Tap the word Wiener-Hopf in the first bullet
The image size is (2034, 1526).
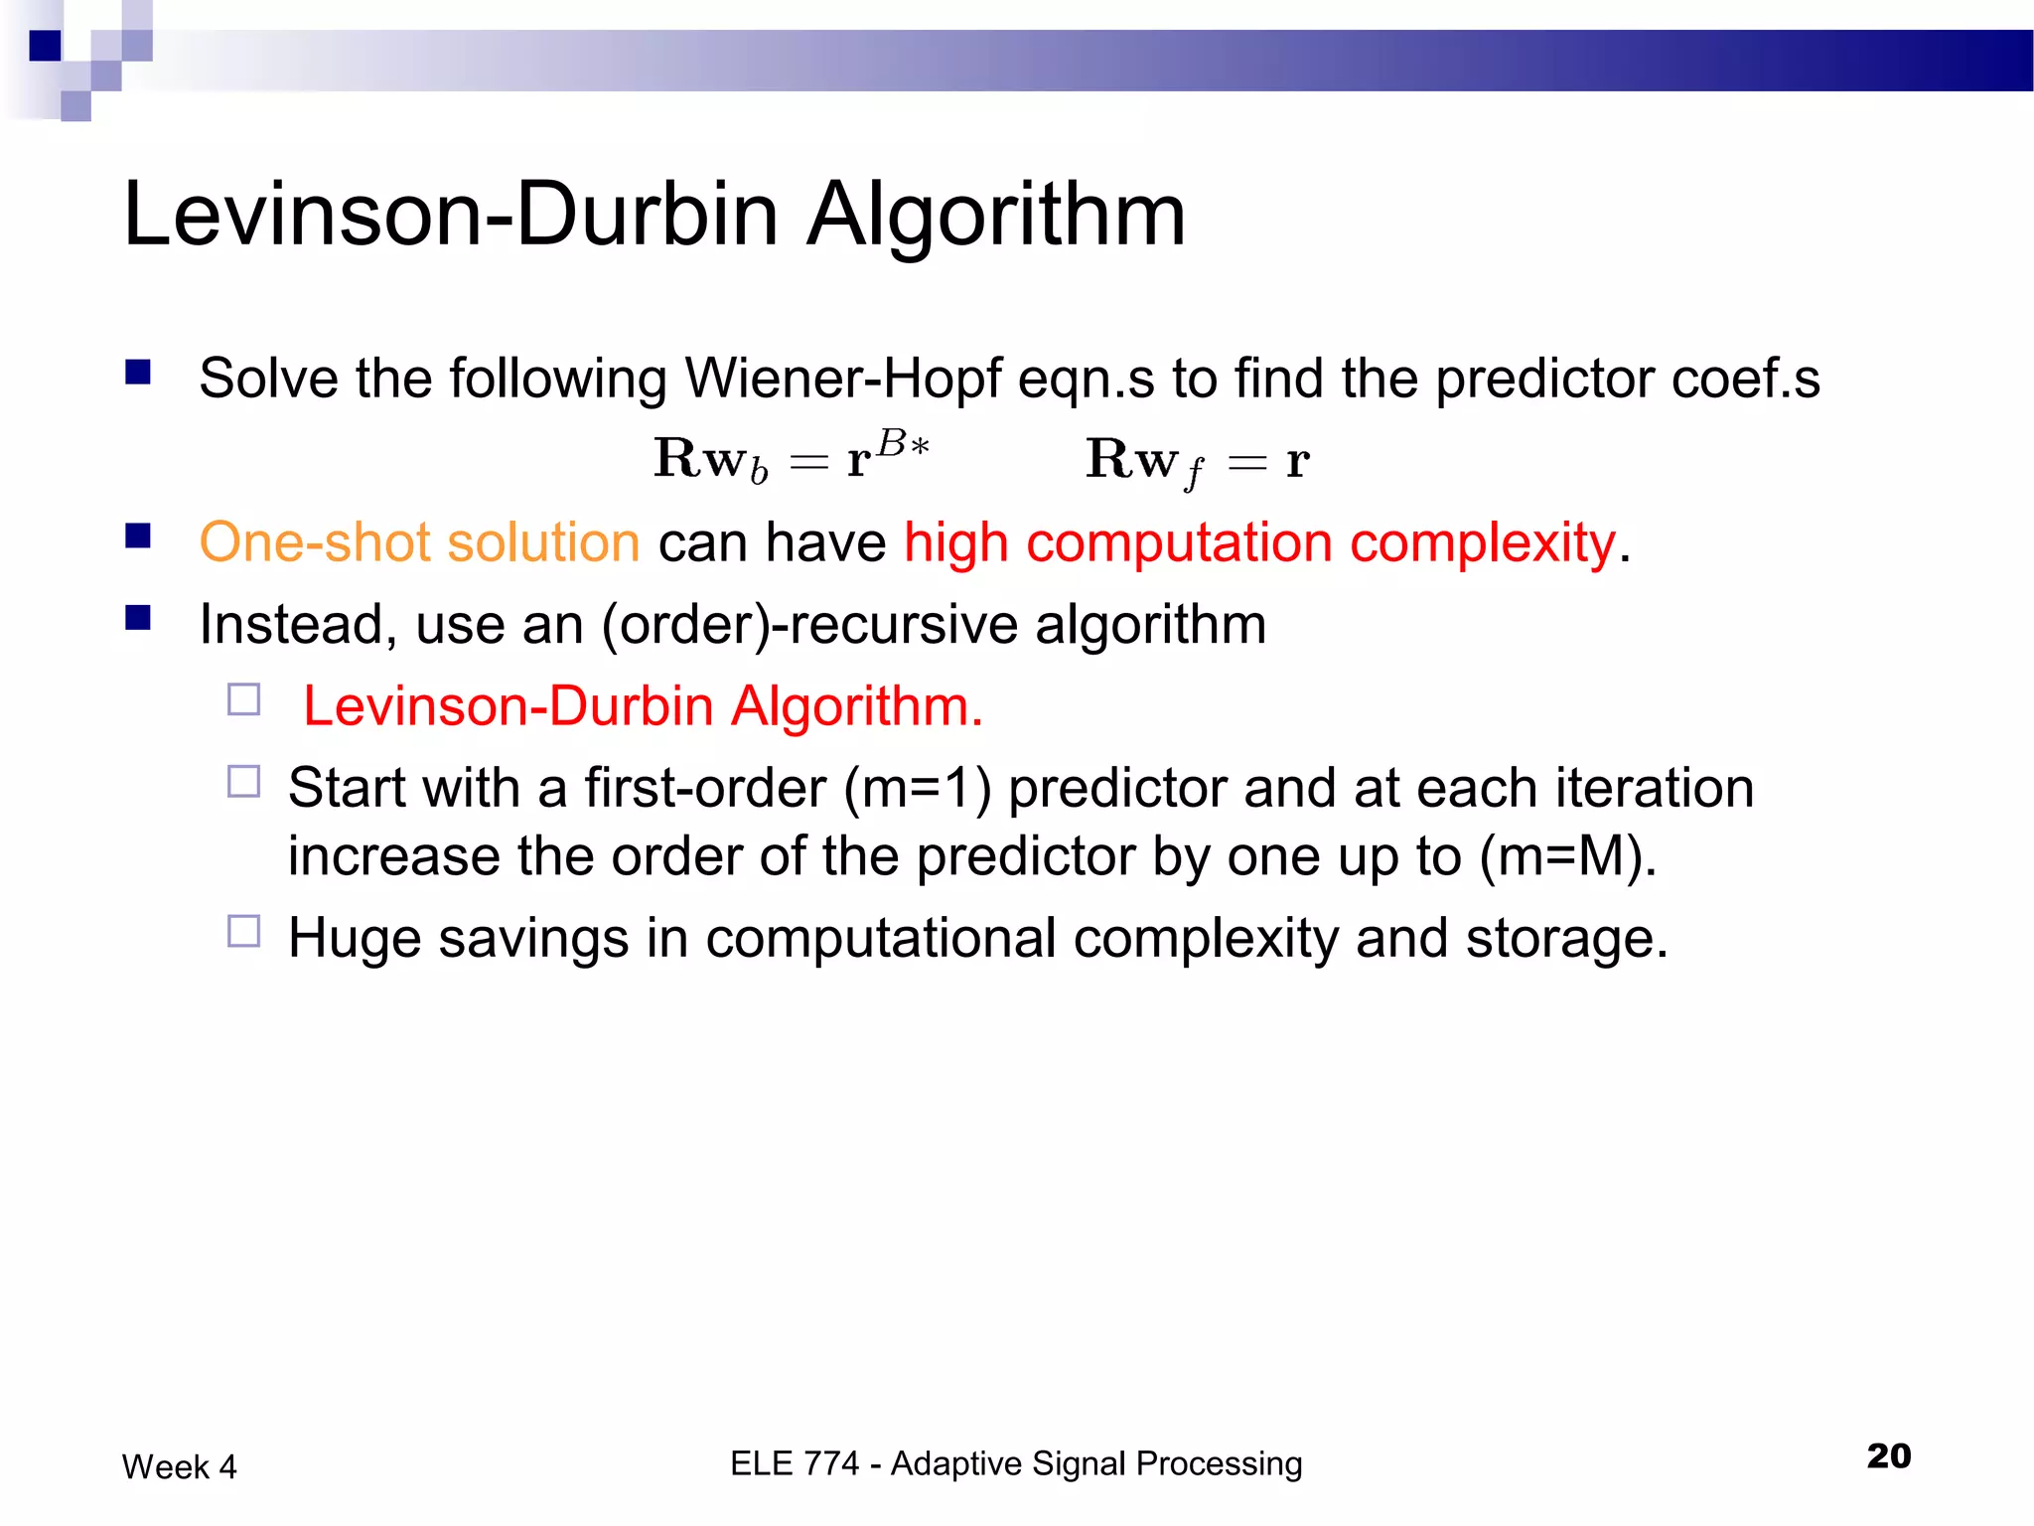842,379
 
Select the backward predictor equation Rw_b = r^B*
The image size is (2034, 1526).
792,459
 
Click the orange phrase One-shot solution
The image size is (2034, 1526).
419,542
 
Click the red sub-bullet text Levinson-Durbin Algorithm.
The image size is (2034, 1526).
643,706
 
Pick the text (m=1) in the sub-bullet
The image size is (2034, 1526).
917,788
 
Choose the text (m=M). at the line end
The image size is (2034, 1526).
1568,856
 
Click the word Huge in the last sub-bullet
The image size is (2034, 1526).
355,938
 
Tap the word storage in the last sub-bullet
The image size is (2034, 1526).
1566,938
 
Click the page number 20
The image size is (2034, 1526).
1888,1455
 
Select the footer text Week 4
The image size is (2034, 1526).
180,1466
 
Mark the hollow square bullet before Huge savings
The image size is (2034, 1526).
243,931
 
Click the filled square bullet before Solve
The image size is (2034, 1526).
138,373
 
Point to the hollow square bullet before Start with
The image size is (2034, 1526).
243,781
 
